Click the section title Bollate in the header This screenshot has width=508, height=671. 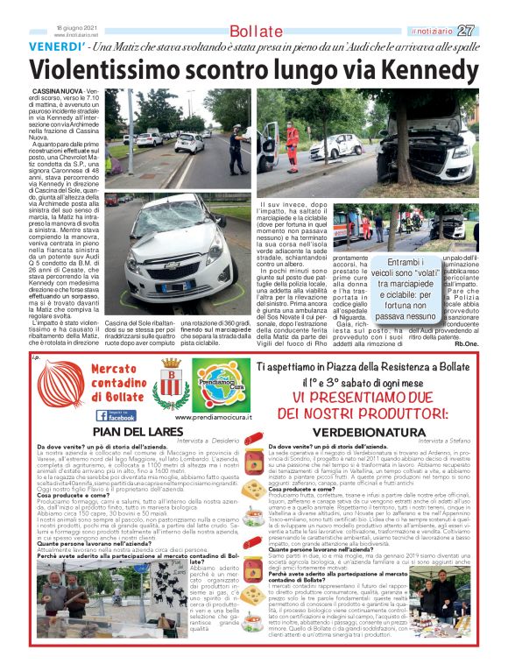point(255,32)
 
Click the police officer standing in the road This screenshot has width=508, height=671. point(237,149)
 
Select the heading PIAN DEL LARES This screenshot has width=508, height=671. point(131,431)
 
